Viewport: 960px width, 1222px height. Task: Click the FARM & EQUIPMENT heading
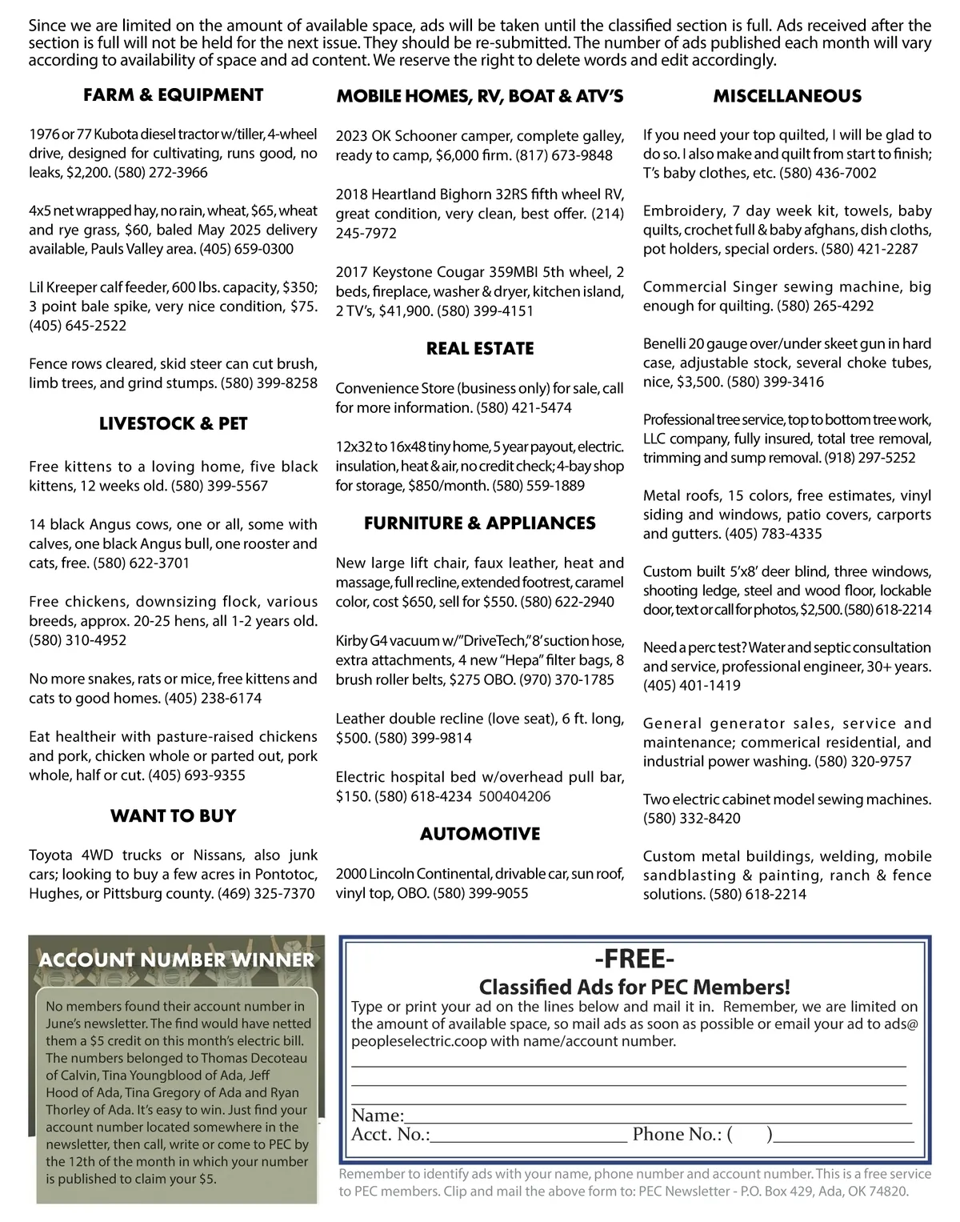click(x=173, y=95)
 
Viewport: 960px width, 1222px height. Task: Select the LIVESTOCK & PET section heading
click(x=173, y=423)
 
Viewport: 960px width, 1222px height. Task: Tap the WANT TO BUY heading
click(x=173, y=815)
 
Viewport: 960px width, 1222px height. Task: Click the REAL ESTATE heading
click(x=480, y=348)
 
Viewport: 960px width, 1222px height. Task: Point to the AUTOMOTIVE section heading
click(x=480, y=834)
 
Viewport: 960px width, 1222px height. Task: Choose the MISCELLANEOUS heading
click(x=787, y=96)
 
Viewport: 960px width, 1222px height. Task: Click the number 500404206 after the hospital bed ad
click(x=514, y=796)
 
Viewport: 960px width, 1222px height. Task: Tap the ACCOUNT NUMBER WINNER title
click(x=177, y=960)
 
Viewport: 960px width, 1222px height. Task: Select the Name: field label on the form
click(x=377, y=1116)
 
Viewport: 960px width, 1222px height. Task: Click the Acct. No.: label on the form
click(x=390, y=1134)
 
